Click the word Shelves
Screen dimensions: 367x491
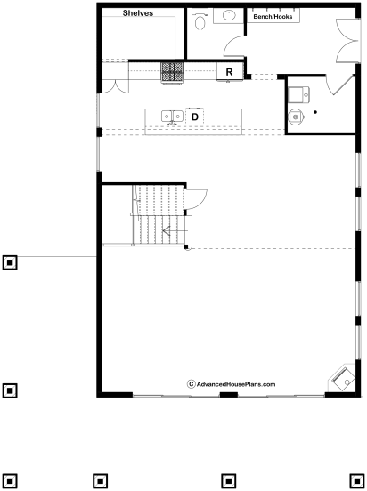pos(138,12)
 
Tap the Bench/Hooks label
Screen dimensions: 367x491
pos(273,17)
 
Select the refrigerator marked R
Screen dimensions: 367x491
pos(229,72)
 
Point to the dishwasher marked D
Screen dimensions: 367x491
pos(195,117)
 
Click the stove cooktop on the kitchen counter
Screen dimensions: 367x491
pos(172,73)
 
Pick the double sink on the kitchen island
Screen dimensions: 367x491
pos(172,117)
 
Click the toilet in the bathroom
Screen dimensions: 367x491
pos(200,19)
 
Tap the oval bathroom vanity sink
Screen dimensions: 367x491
pos(229,15)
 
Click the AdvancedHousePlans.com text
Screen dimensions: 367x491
pos(236,384)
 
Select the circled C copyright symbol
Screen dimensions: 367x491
pos(191,384)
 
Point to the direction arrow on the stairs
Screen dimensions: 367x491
pos(175,231)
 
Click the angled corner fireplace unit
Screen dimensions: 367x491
pos(342,378)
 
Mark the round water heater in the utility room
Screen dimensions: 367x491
pos(296,117)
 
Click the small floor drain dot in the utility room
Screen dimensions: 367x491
pos(315,112)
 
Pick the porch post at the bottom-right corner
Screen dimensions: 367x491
pos(357,480)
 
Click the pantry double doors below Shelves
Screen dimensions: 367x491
pos(116,87)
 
